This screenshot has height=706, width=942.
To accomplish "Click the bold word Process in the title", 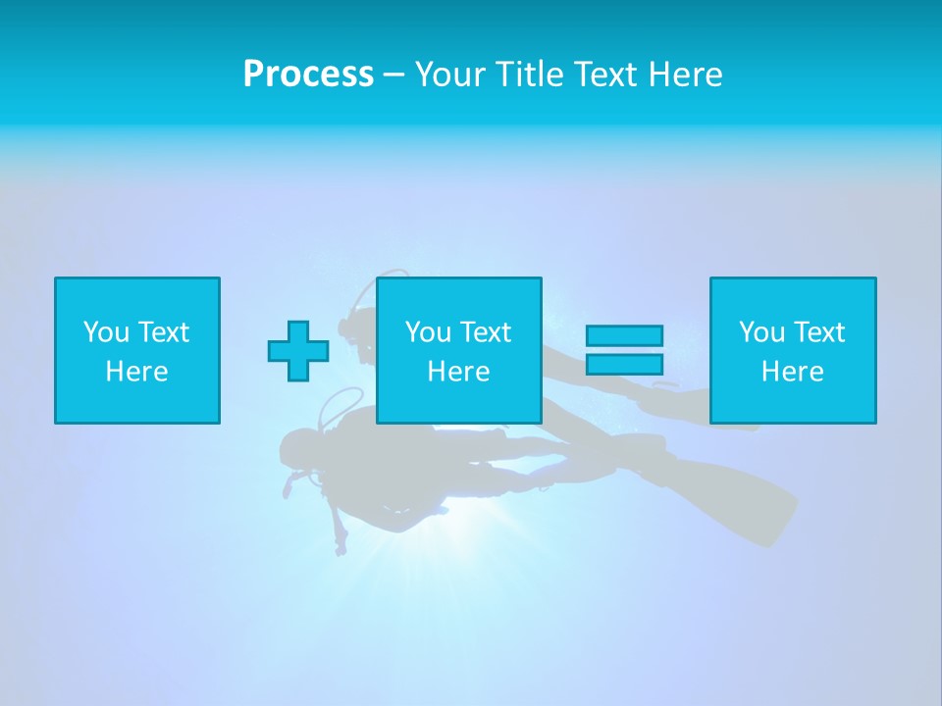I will coord(308,75).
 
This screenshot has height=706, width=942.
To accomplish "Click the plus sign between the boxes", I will coord(298,350).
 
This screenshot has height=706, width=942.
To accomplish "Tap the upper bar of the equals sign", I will coord(624,335).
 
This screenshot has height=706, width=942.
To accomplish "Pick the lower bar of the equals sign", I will coord(624,364).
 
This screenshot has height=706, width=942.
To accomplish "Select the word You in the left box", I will coord(106,332).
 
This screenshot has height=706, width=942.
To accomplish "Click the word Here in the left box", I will coord(136,372).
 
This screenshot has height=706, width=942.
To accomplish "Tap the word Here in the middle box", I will coord(458,372).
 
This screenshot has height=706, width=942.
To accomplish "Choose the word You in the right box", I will coord(761,332).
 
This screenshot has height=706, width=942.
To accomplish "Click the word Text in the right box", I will coord(819,332).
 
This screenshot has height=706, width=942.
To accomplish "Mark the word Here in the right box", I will coord(792,372).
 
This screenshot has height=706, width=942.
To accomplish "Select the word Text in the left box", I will coord(164,332).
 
